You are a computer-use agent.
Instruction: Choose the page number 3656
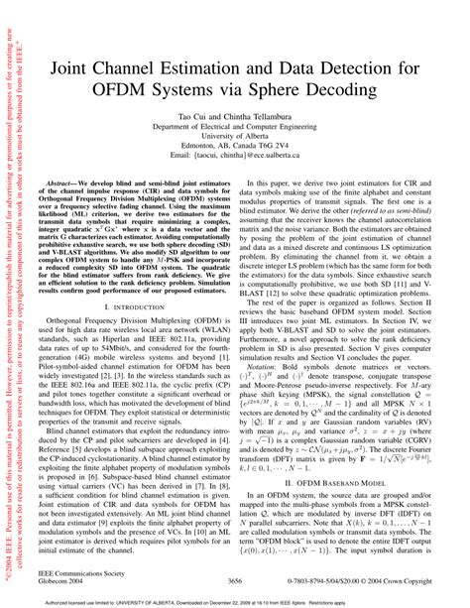236,579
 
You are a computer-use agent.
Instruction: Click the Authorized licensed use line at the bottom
236,600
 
